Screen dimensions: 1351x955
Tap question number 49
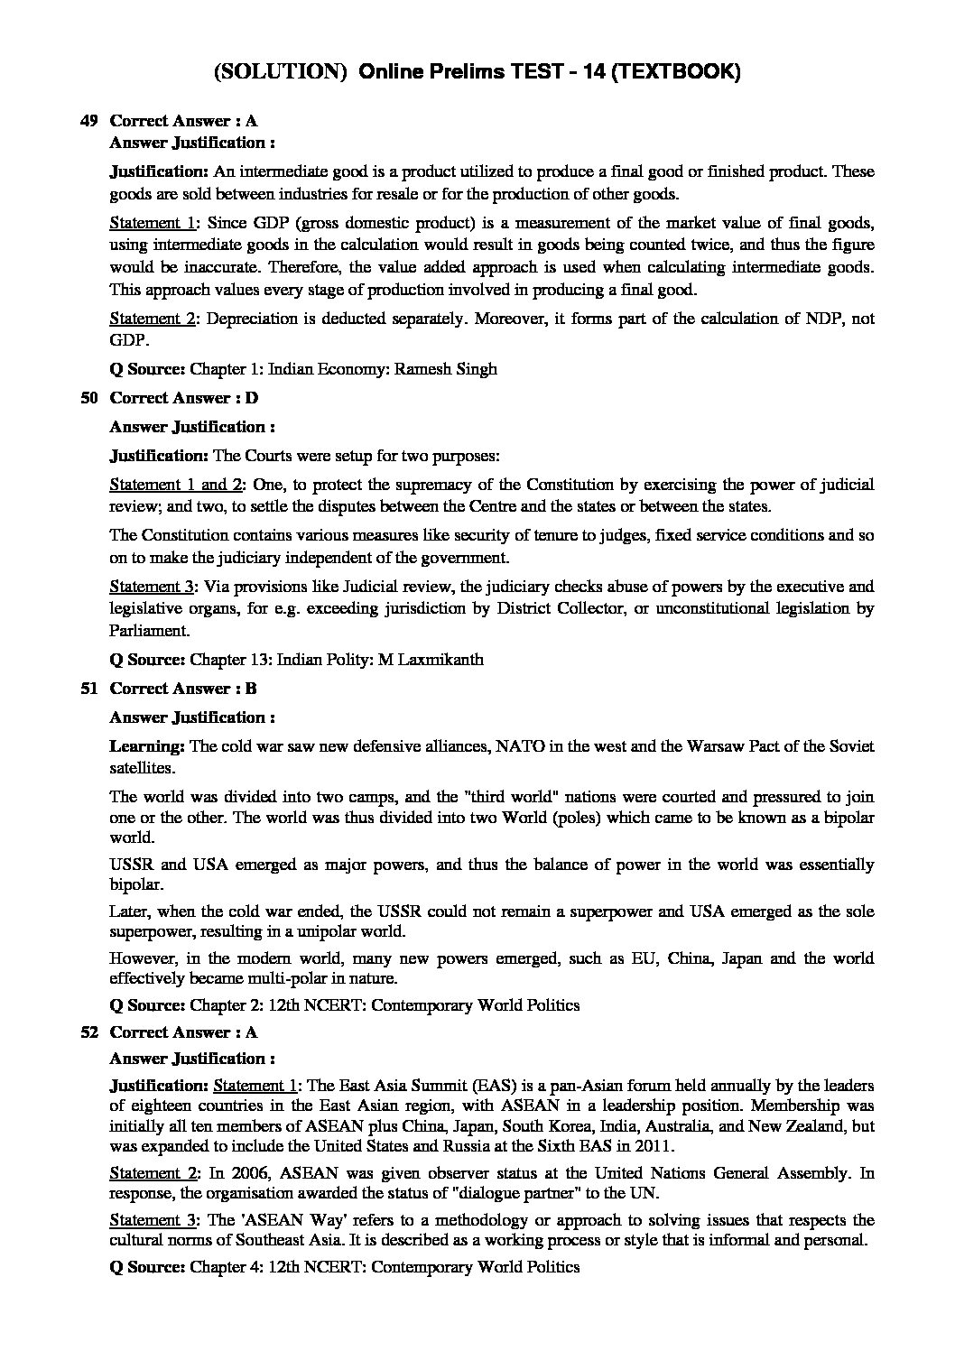(88, 121)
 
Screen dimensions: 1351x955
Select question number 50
(88, 398)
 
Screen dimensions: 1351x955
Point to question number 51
(88, 689)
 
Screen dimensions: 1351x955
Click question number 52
(88, 1032)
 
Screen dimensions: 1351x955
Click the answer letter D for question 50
(252, 398)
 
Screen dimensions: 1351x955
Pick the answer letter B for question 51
(251, 689)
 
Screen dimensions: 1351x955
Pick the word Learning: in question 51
(148, 746)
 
